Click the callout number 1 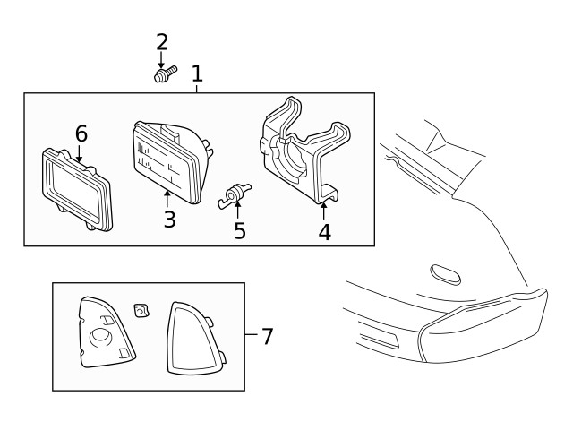point(197,73)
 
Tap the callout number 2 point(162,42)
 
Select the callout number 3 point(169,219)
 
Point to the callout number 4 point(324,231)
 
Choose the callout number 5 point(239,230)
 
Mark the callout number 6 point(81,133)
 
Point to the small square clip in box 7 point(141,310)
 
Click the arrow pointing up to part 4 point(323,211)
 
